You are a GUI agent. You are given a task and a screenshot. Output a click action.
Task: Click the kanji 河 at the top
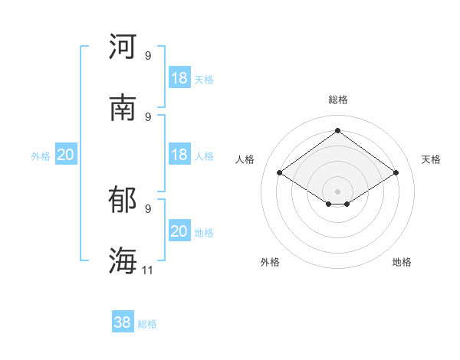click(123, 46)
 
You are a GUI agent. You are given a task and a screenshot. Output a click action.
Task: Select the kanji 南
click(123, 107)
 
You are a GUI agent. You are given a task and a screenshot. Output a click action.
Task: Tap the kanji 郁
click(123, 199)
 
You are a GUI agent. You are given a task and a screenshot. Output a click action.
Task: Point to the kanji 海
click(123, 260)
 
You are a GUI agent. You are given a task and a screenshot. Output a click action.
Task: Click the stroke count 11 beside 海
click(147, 270)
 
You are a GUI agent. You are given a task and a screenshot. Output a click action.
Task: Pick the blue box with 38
click(123, 321)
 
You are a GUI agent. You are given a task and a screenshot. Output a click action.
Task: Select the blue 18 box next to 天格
click(179, 77)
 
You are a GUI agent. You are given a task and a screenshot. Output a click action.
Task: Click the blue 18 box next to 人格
click(179, 154)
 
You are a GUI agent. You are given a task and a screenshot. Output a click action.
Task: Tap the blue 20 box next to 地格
click(179, 230)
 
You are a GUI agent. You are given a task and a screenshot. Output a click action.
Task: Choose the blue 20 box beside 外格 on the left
click(66, 154)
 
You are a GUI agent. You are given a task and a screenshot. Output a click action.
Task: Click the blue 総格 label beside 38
click(147, 324)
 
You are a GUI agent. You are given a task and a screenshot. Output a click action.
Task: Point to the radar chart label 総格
click(338, 100)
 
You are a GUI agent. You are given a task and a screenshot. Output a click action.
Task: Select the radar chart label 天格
click(431, 159)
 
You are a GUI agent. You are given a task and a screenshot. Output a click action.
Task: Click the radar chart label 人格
click(245, 159)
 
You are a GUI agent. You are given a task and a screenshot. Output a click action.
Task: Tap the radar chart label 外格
click(270, 262)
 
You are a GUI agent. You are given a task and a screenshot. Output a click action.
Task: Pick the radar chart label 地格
click(402, 262)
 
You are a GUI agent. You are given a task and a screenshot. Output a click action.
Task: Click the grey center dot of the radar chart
click(337, 191)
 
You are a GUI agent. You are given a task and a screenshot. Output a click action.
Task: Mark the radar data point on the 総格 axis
click(337, 130)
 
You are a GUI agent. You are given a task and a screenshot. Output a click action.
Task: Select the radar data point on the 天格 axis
click(396, 172)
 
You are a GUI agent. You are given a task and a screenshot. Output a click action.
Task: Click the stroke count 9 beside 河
click(148, 55)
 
